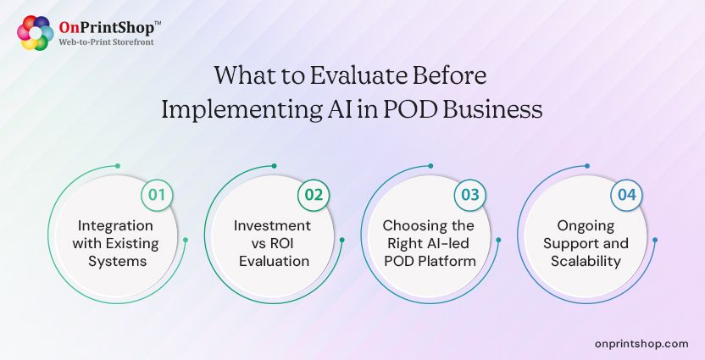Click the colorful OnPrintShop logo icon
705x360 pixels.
35,33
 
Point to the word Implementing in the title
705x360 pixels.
237,110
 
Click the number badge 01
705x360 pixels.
156,195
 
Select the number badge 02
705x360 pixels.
314,195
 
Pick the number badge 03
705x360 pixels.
470,195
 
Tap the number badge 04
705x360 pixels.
626,195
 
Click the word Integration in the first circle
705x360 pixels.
115,226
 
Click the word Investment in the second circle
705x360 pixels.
272,226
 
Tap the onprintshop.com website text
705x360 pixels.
641,343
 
